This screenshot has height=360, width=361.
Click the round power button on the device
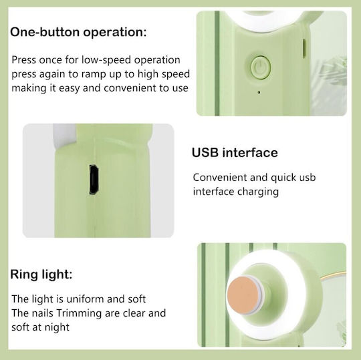click(261, 67)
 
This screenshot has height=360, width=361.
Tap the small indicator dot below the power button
click(259, 92)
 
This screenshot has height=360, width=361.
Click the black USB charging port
click(94, 179)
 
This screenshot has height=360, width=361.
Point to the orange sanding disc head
click(245, 295)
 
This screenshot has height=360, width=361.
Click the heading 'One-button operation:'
click(78, 32)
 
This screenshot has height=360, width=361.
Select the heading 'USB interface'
click(235, 152)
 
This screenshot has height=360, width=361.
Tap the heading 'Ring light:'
click(41, 275)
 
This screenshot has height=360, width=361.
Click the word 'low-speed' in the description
click(106, 60)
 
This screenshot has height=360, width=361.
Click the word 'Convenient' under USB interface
click(220, 178)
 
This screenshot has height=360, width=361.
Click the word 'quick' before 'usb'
click(283, 178)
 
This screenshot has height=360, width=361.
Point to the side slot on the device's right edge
click(304, 48)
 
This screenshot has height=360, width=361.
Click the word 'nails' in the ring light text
click(43, 313)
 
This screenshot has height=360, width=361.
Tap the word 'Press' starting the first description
click(23, 60)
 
